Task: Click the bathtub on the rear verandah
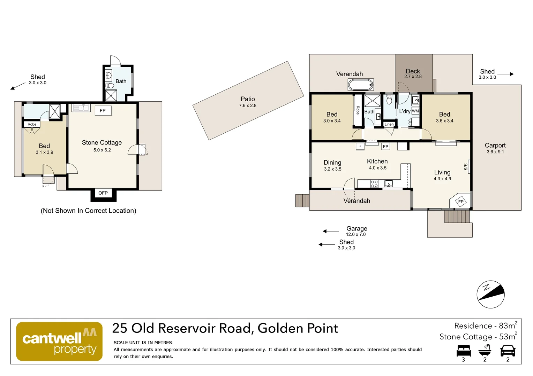click(361, 85)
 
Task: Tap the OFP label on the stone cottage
click(103, 193)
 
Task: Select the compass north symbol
click(491, 294)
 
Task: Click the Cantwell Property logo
click(59, 341)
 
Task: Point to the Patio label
click(248, 99)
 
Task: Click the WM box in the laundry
click(415, 111)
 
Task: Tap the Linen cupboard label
click(389, 124)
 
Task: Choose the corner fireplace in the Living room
click(460, 202)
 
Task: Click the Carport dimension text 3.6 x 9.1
click(495, 152)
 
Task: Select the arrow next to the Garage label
click(331, 231)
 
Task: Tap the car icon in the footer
click(508, 351)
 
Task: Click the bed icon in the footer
click(464, 351)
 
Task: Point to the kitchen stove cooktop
click(374, 183)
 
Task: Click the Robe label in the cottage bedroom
click(32, 124)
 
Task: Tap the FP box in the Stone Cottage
click(103, 111)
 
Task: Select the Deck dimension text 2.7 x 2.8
click(413, 77)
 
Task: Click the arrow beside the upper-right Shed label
click(506, 74)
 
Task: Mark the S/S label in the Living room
click(466, 167)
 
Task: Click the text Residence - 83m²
click(486, 326)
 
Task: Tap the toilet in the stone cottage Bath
click(109, 85)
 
